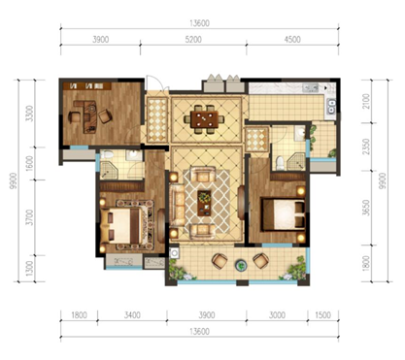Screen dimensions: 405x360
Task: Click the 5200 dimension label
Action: [193, 40]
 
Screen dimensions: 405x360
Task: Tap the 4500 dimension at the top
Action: [292, 40]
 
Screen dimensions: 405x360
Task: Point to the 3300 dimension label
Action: [29, 114]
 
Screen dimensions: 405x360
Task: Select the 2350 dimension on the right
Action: [366, 147]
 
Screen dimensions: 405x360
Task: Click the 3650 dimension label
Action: [366, 208]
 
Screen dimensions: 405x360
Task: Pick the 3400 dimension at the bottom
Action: [132, 315]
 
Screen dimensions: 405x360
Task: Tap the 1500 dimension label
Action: [322, 315]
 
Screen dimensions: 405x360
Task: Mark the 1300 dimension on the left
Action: [29, 269]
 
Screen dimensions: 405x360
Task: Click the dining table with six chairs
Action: [204, 119]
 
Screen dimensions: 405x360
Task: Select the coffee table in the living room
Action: [204, 203]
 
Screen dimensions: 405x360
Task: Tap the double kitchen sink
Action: [332, 106]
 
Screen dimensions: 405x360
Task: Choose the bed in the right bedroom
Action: [284, 214]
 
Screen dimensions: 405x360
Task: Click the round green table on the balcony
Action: [241, 265]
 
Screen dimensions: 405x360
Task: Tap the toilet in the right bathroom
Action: [280, 163]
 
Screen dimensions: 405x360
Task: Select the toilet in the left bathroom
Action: [107, 154]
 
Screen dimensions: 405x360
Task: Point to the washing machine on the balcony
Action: [174, 252]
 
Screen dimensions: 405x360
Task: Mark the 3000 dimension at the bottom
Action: [277, 315]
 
